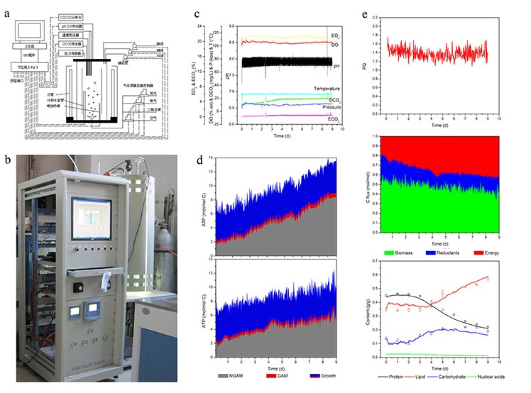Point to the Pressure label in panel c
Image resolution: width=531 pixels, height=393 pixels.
pyautogui.click(x=319, y=106)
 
